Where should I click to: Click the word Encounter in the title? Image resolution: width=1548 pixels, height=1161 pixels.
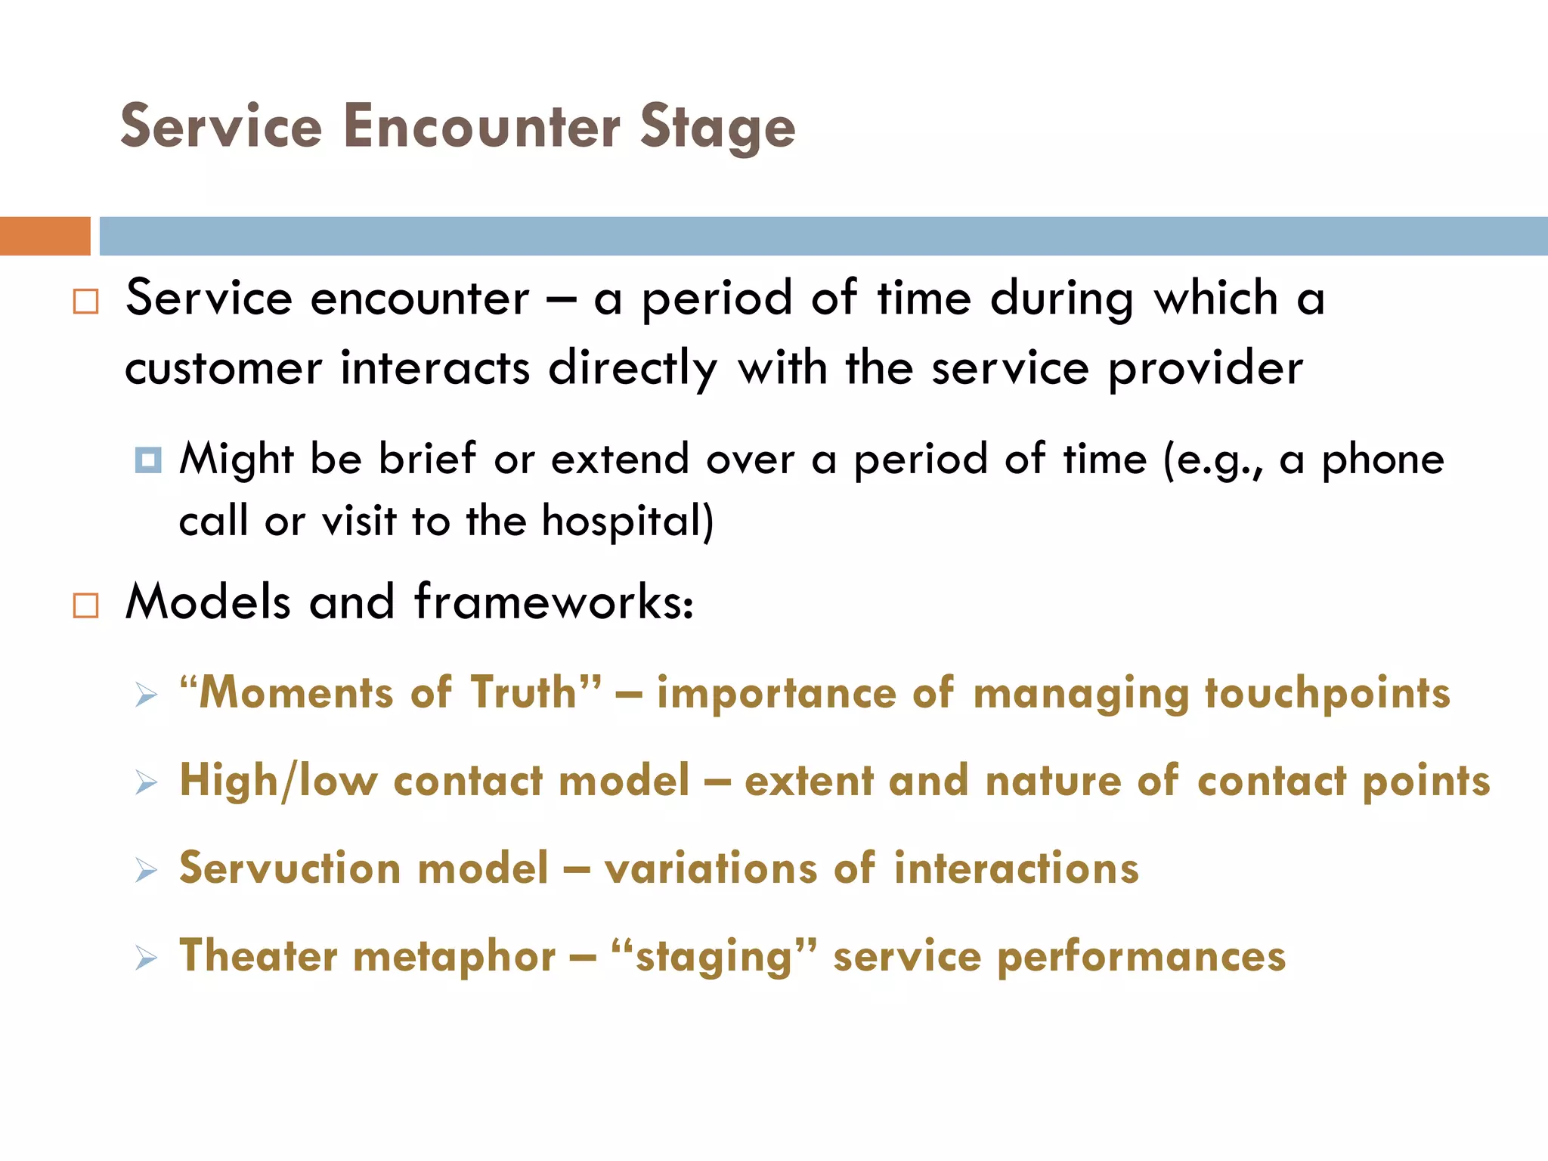coord(481,126)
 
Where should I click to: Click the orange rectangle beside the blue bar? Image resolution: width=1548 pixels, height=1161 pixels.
coord(45,236)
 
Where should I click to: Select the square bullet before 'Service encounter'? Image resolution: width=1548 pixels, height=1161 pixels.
coord(85,302)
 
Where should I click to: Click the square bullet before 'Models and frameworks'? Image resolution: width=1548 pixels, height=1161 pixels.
coord(85,605)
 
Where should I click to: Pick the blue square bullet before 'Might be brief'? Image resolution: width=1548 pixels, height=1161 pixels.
coord(147,460)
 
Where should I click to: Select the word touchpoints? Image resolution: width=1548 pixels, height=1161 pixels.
coord(1327,694)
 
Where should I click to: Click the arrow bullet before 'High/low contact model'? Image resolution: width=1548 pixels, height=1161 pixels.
coord(146,782)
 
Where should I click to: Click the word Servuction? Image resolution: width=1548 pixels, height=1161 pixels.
coord(289,868)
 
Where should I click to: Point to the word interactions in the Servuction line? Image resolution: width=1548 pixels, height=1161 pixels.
coord(1016,868)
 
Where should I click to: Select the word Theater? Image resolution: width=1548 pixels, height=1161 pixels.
coord(258,955)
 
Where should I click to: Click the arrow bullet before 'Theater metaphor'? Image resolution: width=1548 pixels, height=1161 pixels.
coord(146,958)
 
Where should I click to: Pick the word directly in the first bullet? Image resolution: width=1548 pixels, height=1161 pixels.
coord(633,370)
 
